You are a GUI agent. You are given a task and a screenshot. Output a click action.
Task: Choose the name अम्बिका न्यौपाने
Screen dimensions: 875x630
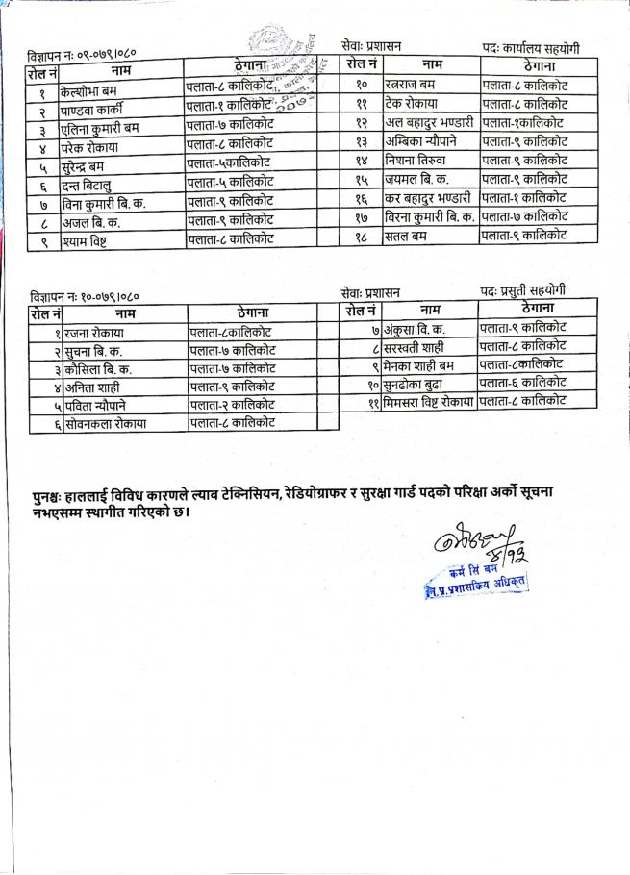pyautogui.click(x=421, y=141)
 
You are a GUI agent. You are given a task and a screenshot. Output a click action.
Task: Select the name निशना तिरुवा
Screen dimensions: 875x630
pyautogui.click(x=415, y=161)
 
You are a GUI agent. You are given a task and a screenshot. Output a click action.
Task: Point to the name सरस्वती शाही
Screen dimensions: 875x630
pyautogui.click(x=417, y=347)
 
